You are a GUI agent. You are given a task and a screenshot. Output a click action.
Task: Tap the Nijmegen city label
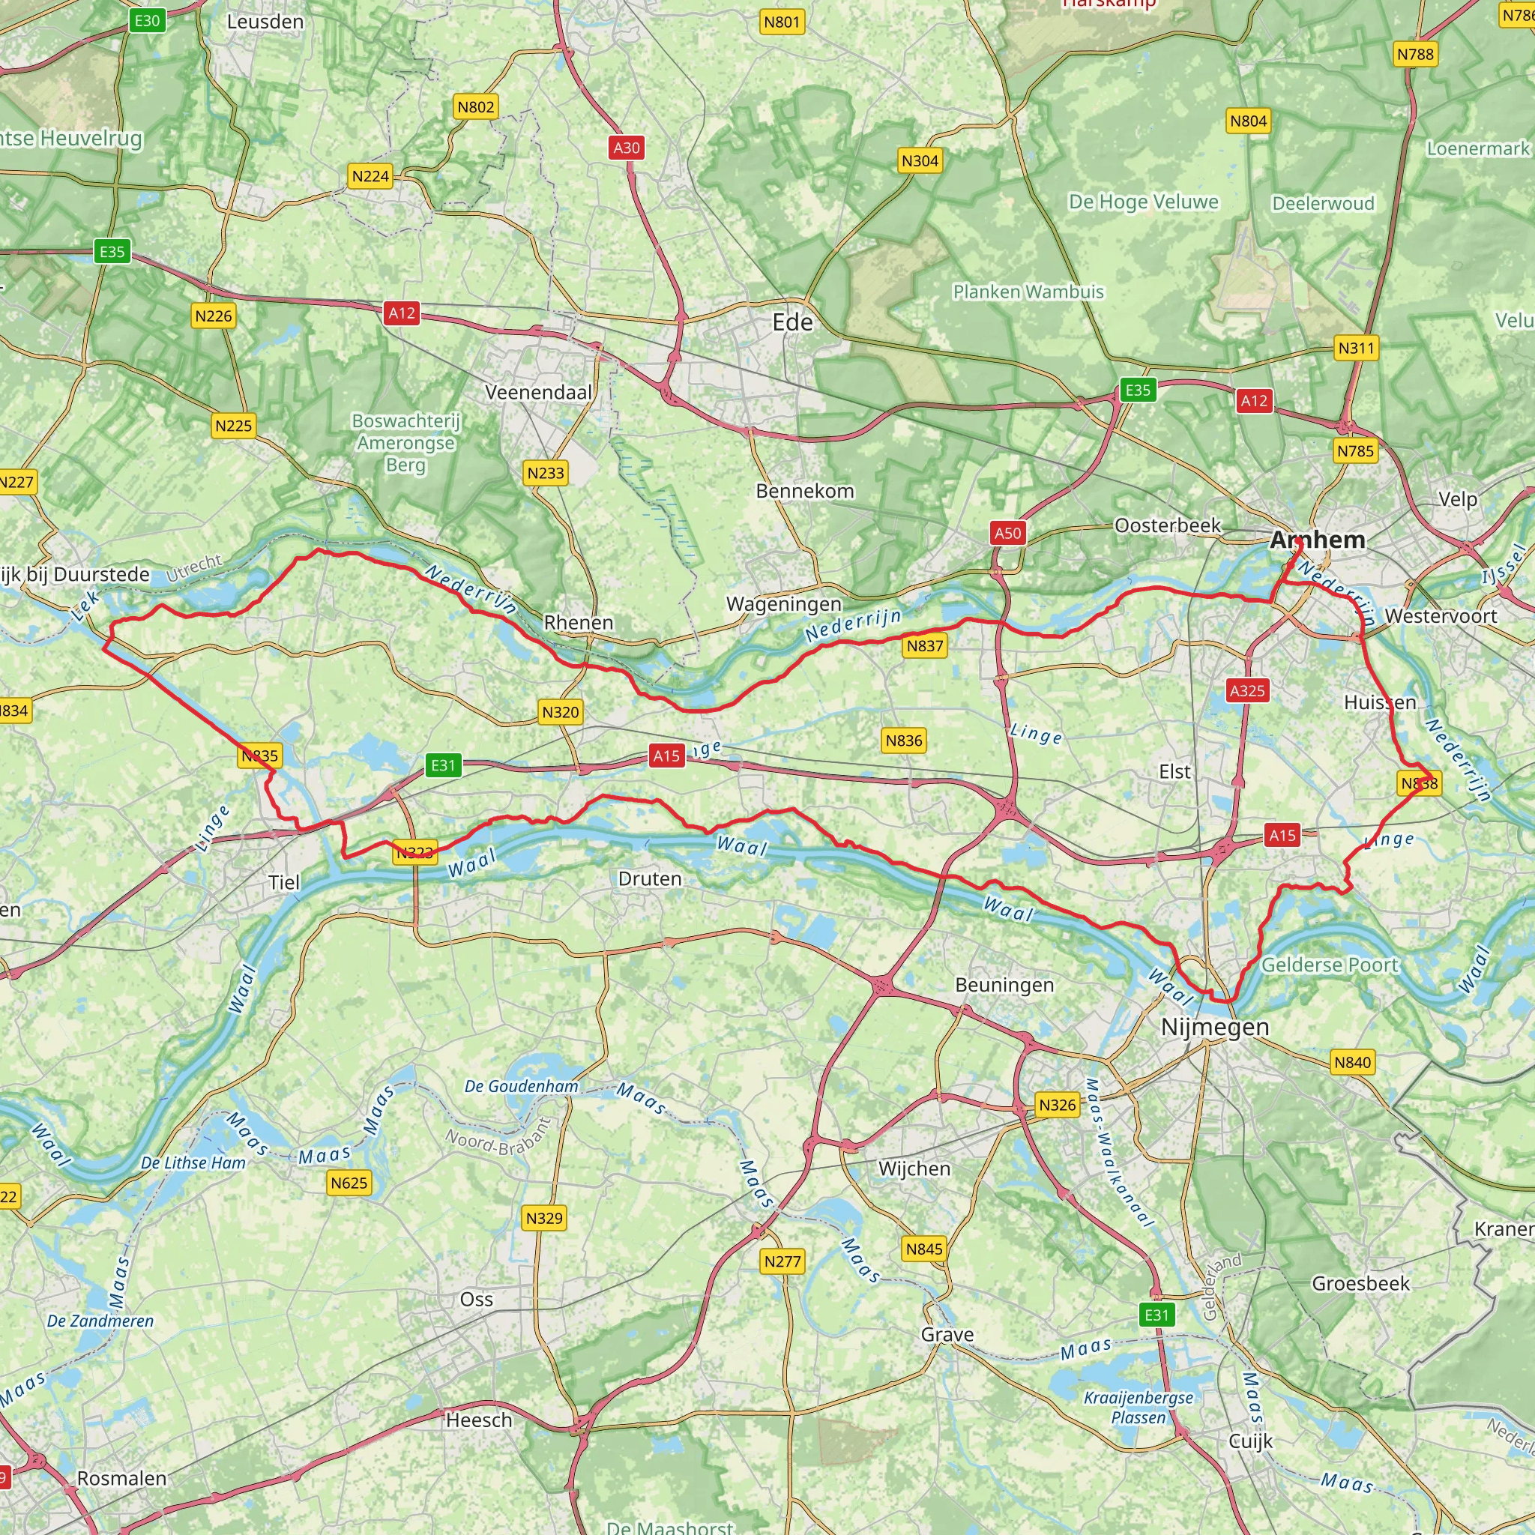coord(1215,1027)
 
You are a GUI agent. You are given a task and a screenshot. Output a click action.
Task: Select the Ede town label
coord(792,322)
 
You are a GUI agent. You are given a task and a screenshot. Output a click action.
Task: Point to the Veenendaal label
coord(539,392)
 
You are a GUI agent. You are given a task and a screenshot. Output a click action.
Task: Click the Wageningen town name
coord(783,604)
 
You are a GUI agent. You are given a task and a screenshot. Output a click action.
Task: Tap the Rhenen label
coord(579,622)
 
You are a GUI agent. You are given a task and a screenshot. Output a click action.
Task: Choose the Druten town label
coord(650,878)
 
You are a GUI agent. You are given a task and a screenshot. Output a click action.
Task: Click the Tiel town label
coord(284,882)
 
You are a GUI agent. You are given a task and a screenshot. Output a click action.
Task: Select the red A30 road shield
coord(626,147)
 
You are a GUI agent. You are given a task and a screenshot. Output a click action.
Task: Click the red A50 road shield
coord(1007,532)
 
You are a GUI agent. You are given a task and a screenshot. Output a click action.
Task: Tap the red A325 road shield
coord(1246,690)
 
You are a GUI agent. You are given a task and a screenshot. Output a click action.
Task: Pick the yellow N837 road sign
coord(925,646)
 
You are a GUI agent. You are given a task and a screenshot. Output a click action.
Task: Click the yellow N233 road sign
coord(545,473)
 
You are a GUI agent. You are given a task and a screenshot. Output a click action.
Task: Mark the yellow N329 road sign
coord(544,1218)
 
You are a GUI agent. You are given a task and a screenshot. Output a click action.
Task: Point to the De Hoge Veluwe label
coord(1142,202)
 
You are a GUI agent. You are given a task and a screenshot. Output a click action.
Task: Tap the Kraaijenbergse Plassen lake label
coord(1139,1408)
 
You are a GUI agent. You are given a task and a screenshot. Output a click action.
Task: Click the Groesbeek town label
coord(1360,1283)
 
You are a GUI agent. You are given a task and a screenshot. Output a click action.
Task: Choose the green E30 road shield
coord(147,21)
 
